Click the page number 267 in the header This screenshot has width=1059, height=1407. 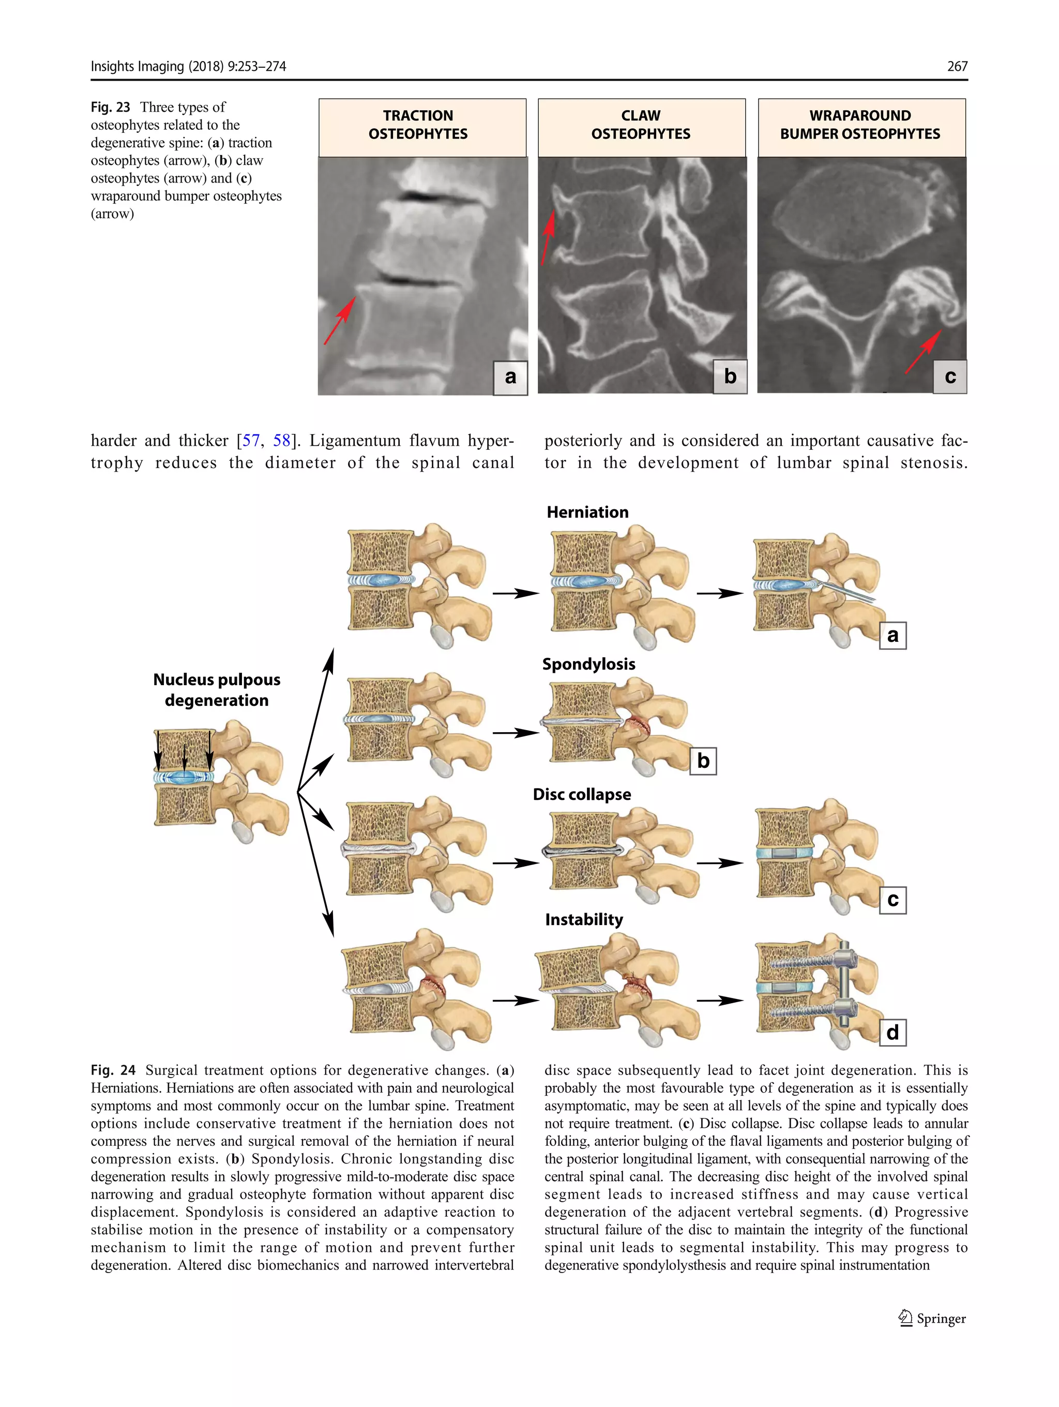click(x=957, y=66)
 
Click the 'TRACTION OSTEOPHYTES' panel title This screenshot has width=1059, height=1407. click(x=418, y=125)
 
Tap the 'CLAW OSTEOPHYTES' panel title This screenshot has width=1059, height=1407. click(x=641, y=125)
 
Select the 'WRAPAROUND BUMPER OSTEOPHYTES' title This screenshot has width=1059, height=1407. click(x=860, y=125)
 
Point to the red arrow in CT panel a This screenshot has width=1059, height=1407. click(x=339, y=321)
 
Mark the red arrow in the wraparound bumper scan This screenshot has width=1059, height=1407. click(x=923, y=352)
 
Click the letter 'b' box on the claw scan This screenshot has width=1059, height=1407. click(x=730, y=376)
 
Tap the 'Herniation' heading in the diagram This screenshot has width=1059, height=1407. click(x=587, y=512)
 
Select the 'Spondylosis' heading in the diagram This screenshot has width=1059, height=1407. click(x=588, y=664)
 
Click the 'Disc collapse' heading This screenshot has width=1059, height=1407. click(x=581, y=794)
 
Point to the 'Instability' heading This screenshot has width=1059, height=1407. click(x=584, y=919)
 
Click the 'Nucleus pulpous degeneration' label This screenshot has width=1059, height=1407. click(x=216, y=689)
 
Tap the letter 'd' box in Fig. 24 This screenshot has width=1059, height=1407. click(x=892, y=1032)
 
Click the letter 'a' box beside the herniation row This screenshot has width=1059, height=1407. click(x=892, y=636)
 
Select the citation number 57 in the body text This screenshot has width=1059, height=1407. click(x=251, y=441)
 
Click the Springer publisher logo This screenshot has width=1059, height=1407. click(x=932, y=1319)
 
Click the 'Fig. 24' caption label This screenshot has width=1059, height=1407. click(x=113, y=1070)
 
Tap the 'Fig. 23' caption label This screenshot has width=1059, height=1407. click(x=110, y=107)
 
